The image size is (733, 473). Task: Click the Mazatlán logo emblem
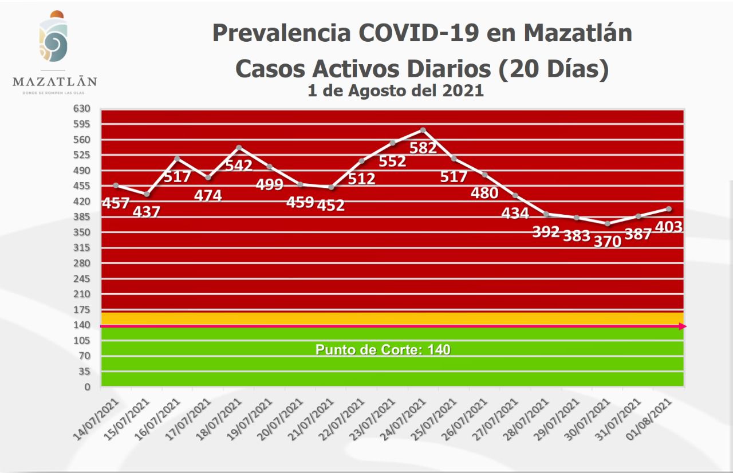click(x=54, y=38)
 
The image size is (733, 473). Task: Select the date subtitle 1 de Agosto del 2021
click(x=395, y=91)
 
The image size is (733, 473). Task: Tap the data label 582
click(x=423, y=148)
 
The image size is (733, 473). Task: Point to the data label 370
click(x=607, y=242)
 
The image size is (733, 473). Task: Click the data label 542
click(x=239, y=165)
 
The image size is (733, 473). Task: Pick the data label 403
click(x=668, y=227)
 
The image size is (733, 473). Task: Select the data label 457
click(x=115, y=203)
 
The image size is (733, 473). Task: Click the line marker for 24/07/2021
click(x=423, y=130)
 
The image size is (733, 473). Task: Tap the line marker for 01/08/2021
click(x=669, y=209)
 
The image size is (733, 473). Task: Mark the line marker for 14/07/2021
click(x=116, y=186)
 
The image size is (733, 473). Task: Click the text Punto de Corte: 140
click(x=383, y=350)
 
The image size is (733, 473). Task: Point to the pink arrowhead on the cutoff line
click(x=682, y=326)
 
